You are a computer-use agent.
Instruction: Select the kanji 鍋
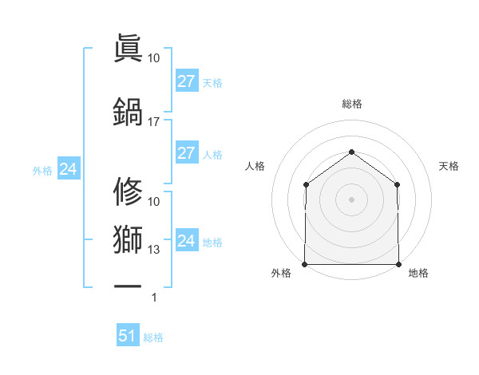pyautogui.click(x=128, y=112)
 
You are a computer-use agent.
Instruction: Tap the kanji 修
pyautogui.click(x=128, y=192)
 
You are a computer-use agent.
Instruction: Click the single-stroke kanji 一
pyautogui.click(x=128, y=284)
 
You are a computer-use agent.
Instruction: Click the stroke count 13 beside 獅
pyautogui.click(x=153, y=250)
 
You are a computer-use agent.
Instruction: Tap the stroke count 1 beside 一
pyautogui.click(x=154, y=298)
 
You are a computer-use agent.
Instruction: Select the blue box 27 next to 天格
pyautogui.click(x=186, y=81)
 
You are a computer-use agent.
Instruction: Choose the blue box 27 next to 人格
pyautogui.click(x=186, y=153)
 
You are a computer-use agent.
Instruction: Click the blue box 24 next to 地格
pyautogui.click(x=186, y=241)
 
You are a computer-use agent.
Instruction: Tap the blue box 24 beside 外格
pyautogui.click(x=68, y=169)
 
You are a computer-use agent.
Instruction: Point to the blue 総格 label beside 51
pyautogui.click(x=153, y=337)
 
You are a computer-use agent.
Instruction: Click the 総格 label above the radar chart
pyautogui.click(x=351, y=104)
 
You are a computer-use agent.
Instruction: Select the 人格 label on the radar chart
pyautogui.click(x=255, y=166)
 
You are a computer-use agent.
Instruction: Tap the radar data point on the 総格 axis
pyautogui.click(x=351, y=152)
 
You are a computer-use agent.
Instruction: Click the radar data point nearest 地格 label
pyautogui.click(x=398, y=264)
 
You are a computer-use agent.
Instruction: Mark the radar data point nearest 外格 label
pyautogui.click(x=305, y=264)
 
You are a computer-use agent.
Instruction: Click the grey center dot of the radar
pyautogui.click(x=351, y=199)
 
